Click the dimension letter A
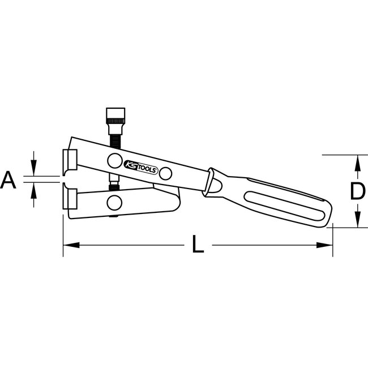pos(8,181)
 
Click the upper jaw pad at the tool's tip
pos(71,160)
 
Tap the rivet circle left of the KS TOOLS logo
pos(114,159)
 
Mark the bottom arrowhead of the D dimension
pos(357,221)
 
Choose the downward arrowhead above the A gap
pos(35,169)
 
